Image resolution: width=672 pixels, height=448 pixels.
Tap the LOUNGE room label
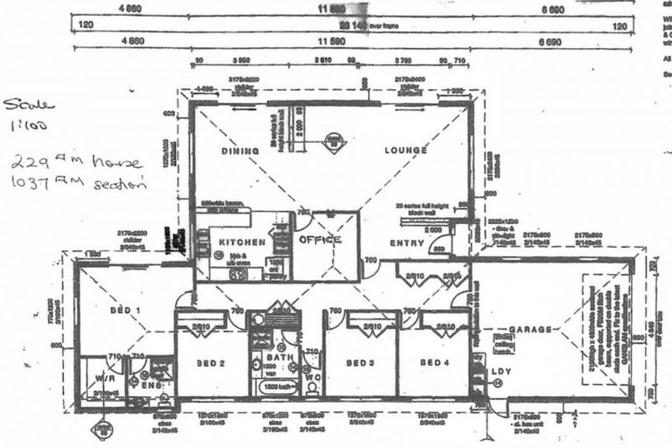click(x=405, y=150)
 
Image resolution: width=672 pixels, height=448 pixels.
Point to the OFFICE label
click(x=319, y=239)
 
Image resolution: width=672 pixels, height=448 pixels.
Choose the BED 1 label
click(x=126, y=311)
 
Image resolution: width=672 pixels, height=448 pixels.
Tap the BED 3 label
click(x=360, y=362)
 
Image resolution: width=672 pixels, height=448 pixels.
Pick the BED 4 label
click(x=434, y=362)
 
